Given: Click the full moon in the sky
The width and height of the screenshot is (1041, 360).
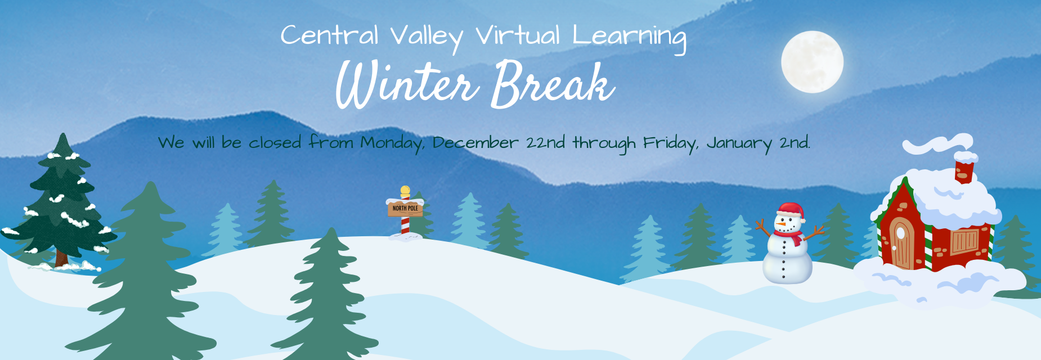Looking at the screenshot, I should tap(812, 62).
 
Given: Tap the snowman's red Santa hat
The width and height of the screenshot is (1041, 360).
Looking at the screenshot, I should tap(790, 210).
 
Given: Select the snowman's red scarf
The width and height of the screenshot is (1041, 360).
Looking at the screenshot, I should tap(790, 235).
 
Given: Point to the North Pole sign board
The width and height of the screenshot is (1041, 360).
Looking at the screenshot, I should tap(405, 209).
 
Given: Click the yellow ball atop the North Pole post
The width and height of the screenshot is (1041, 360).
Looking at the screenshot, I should tap(405, 190).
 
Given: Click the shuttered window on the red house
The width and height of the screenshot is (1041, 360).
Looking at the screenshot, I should tap(964, 241).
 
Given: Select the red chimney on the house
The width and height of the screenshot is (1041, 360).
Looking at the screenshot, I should tap(964, 172).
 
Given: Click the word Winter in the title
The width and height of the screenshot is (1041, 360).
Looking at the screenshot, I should tap(406, 84).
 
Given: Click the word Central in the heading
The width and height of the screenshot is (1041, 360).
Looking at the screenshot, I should tap(329, 36).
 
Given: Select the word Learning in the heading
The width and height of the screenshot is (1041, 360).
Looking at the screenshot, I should tap(629, 37).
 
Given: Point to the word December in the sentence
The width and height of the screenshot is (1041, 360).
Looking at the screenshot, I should tap(475, 143).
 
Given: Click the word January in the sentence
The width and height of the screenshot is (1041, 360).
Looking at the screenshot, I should tap(739, 143).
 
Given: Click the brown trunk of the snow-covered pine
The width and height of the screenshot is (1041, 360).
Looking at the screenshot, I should tap(61, 258).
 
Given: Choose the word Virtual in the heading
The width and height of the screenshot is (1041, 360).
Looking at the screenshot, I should tap(518, 36).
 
